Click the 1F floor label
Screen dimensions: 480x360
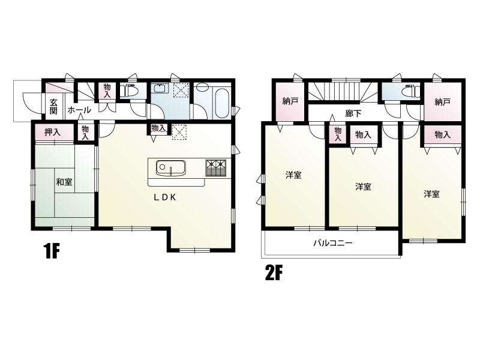click(51, 251)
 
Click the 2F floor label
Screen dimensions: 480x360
click(273, 274)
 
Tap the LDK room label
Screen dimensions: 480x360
click(164, 198)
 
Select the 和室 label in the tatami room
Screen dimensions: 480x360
click(64, 182)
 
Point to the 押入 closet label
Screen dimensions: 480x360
click(53, 133)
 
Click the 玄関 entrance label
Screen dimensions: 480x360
click(53, 106)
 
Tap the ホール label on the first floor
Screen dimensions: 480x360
click(79, 110)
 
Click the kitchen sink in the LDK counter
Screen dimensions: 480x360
click(171, 168)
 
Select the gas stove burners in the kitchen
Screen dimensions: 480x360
click(216, 168)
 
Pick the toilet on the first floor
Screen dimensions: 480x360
click(128, 91)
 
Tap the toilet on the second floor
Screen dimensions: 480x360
click(411, 91)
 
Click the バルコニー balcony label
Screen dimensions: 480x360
click(333, 244)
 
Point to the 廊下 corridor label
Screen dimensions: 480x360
click(353, 113)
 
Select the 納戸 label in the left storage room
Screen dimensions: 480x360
click(290, 101)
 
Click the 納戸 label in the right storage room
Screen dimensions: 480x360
click(442, 102)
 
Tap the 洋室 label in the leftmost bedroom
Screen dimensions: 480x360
click(293, 175)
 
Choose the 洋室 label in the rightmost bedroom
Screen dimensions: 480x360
click(431, 194)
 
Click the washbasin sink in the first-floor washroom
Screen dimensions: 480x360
click(160, 88)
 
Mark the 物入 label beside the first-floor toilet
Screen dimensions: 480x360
click(107, 91)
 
